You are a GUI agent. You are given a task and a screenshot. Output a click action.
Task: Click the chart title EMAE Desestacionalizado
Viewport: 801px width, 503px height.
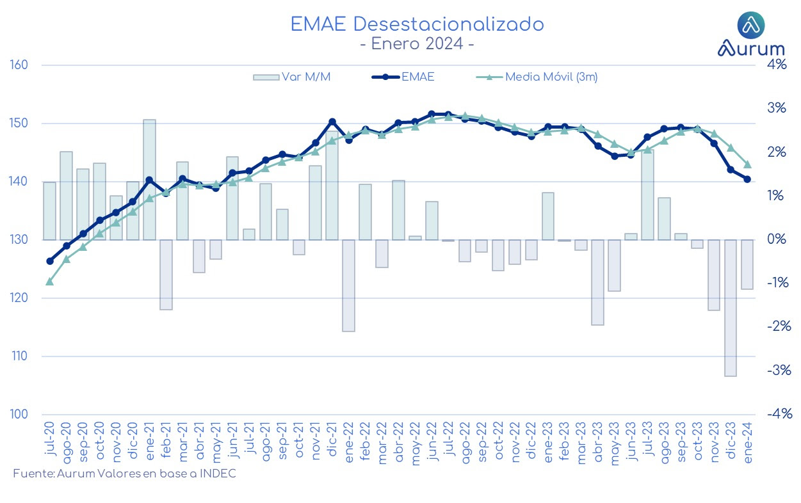pyautogui.click(x=417, y=24)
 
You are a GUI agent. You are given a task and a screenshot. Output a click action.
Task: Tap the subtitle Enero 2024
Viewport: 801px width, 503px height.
pyautogui.click(x=417, y=44)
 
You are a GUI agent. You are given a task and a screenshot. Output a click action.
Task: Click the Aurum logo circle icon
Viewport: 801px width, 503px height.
pyautogui.click(x=751, y=25)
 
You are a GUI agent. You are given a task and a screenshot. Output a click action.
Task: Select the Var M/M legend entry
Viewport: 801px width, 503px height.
pyautogui.click(x=292, y=77)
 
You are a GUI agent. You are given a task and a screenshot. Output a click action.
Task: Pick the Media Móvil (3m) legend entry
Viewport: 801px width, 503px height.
pyautogui.click(x=537, y=77)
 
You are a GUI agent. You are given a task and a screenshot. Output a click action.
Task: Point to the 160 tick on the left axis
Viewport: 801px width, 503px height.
pyautogui.click(x=19, y=65)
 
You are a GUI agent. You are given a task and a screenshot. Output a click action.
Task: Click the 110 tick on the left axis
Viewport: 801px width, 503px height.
pyautogui.click(x=19, y=356)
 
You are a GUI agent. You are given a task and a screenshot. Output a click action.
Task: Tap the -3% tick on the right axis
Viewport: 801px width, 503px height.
pyautogui.click(x=779, y=371)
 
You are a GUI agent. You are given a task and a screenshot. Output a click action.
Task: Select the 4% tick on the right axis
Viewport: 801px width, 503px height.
pyautogui.click(x=777, y=65)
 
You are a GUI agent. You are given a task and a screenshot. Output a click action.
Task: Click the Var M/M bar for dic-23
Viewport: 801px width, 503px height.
pyautogui.click(x=731, y=308)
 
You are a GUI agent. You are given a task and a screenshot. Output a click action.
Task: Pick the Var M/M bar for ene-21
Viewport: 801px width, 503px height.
pyautogui.click(x=149, y=180)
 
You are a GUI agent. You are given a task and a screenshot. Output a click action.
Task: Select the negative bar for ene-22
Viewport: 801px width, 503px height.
pyautogui.click(x=349, y=285)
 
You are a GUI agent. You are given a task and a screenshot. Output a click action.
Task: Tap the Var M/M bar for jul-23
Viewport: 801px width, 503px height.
pyautogui.click(x=647, y=195)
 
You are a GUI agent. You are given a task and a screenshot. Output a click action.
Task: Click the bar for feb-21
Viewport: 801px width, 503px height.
pyautogui.click(x=166, y=275)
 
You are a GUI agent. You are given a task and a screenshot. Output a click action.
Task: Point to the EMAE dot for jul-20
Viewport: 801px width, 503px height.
pyautogui.click(x=50, y=261)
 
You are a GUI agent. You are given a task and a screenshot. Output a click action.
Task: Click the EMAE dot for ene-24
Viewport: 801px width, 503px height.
pyautogui.click(x=747, y=179)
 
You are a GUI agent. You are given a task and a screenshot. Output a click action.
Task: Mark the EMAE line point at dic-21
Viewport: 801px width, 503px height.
pyautogui.click(x=332, y=122)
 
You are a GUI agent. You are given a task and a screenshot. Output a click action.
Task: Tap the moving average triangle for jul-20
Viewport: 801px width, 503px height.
pyautogui.click(x=50, y=282)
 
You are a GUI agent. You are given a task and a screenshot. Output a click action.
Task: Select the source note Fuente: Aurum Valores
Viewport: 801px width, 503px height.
pyautogui.click(x=124, y=474)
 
